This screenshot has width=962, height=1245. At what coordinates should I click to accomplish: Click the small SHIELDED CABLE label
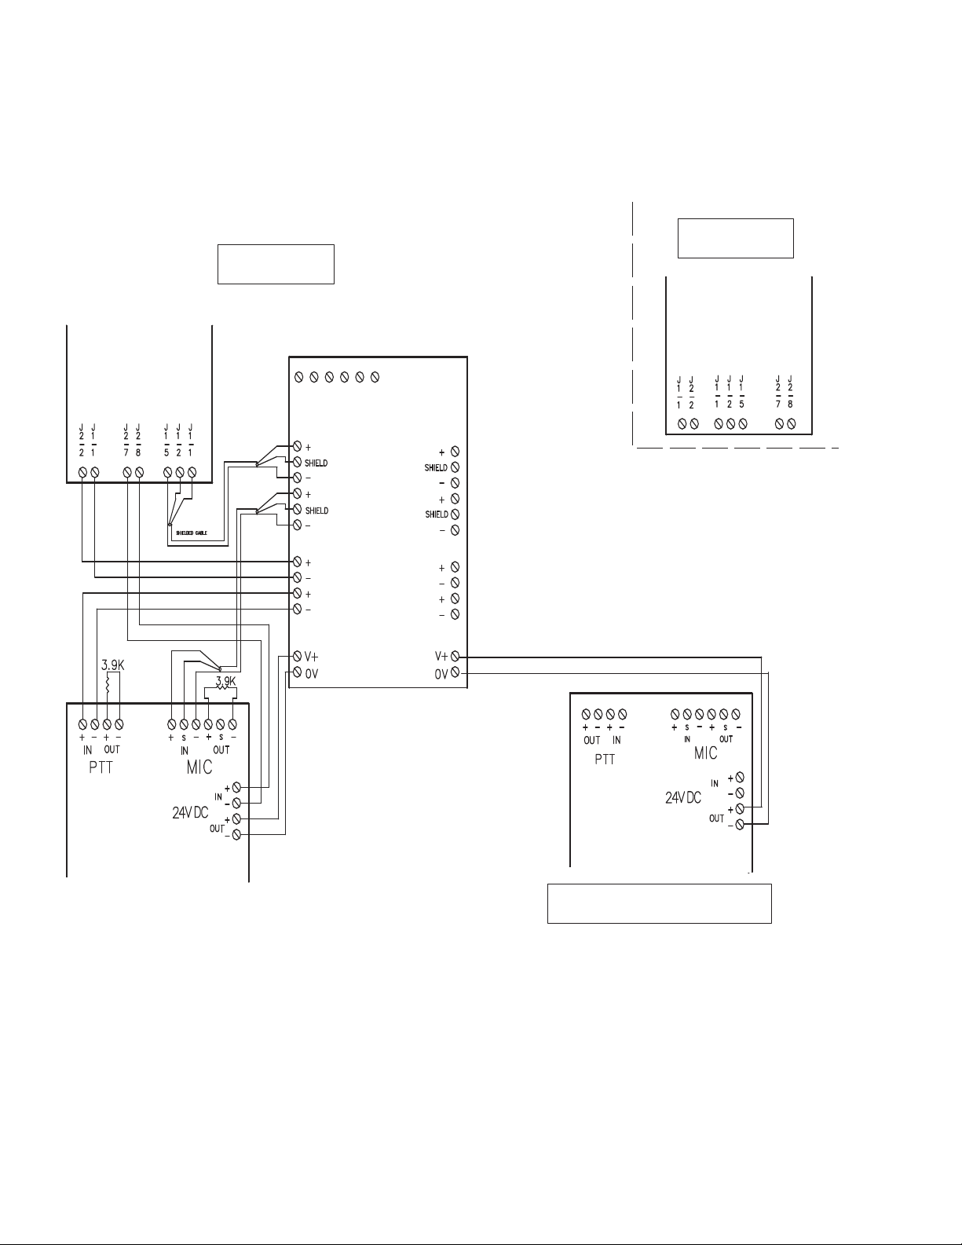click(x=196, y=533)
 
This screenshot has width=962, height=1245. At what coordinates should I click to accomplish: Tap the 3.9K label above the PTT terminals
click(x=113, y=665)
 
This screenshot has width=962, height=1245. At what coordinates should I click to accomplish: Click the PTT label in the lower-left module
click(x=101, y=767)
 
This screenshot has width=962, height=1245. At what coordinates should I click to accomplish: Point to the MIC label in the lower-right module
click(x=705, y=752)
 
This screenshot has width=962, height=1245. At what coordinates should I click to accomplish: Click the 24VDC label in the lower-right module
click(x=683, y=797)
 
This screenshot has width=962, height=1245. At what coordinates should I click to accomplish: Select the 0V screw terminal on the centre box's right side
click(x=455, y=673)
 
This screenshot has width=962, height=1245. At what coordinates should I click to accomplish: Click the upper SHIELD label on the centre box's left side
click(x=316, y=463)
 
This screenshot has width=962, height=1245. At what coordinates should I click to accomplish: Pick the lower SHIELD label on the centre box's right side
click(x=436, y=514)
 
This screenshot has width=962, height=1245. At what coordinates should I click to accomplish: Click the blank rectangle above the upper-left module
click(x=276, y=264)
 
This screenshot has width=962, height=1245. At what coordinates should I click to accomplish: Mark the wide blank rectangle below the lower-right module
click(x=659, y=903)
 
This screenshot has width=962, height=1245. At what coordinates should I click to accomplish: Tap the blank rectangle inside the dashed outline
click(x=735, y=238)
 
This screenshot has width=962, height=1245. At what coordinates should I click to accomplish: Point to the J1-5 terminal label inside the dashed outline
click(x=742, y=393)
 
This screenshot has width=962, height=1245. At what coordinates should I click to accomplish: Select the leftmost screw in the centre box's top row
click(x=299, y=378)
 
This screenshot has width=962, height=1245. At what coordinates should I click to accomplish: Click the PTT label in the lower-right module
click(x=605, y=760)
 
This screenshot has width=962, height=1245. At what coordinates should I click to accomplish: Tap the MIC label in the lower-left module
click(x=199, y=767)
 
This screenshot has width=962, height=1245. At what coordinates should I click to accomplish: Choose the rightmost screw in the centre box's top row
click(x=375, y=378)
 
